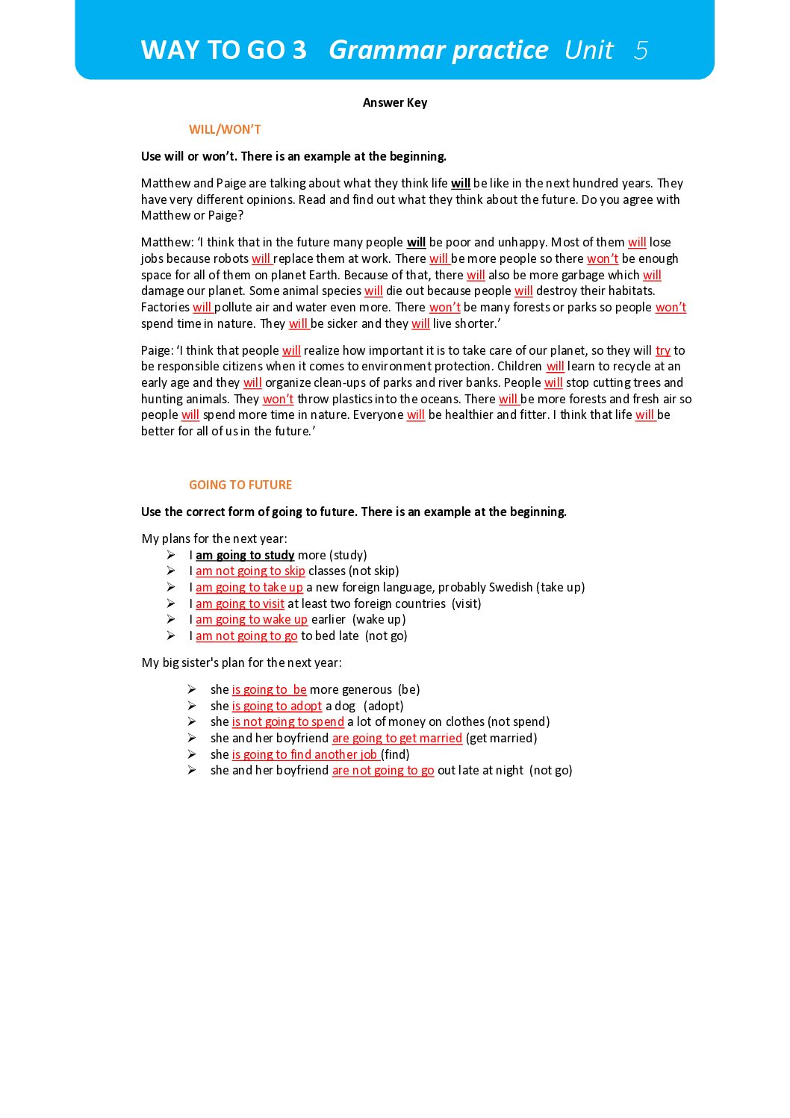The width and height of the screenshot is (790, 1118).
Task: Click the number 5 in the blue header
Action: (x=641, y=50)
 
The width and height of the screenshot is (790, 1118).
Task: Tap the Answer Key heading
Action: (x=394, y=102)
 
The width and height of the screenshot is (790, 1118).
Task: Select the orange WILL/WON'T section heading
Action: (x=225, y=129)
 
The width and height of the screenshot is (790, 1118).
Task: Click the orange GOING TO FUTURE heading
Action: (x=240, y=485)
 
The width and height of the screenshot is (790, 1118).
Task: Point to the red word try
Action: (x=662, y=350)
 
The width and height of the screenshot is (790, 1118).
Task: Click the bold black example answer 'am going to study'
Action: (x=245, y=555)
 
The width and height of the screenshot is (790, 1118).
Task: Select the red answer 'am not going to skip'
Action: (x=250, y=571)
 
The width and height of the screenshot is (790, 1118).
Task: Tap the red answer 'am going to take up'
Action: (x=249, y=587)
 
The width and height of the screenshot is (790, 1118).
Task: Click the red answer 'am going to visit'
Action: (x=240, y=603)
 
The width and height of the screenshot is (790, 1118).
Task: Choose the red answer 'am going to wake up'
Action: (x=251, y=619)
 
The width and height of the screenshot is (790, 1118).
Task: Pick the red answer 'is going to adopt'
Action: (x=276, y=706)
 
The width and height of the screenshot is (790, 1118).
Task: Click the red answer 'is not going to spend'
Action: (x=287, y=721)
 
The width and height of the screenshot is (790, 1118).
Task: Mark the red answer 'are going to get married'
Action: (x=396, y=738)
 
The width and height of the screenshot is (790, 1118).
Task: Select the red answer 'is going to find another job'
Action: (x=304, y=754)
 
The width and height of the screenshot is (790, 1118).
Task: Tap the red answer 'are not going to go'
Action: (x=382, y=770)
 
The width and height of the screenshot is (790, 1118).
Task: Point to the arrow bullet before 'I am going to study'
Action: (x=171, y=555)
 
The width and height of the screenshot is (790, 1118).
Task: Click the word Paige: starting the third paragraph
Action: (x=157, y=350)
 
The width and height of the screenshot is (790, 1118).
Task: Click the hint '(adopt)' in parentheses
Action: (x=383, y=706)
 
